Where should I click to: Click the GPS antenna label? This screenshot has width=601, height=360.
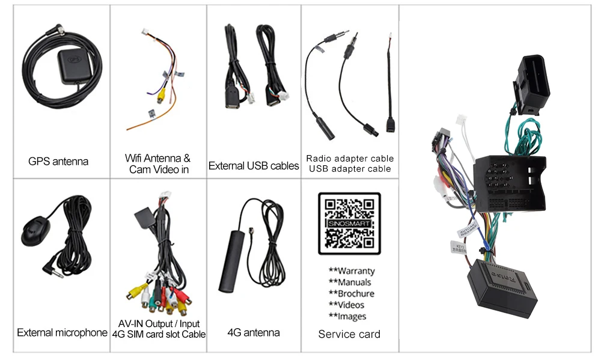click(x=58, y=161)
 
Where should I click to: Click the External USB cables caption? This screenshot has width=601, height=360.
click(x=254, y=165)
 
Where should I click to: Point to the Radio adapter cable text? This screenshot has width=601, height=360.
click(x=350, y=158)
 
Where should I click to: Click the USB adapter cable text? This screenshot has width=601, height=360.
click(x=350, y=169)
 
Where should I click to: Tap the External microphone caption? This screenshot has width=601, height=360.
click(x=62, y=332)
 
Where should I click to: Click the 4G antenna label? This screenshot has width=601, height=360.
click(x=254, y=332)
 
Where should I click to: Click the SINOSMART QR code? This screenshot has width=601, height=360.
click(x=349, y=224)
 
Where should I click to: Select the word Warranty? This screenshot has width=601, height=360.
click(x=352, y=271)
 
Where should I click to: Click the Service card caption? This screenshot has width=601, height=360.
click(x=349, y=334)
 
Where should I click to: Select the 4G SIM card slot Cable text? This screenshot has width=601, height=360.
click(x=159, y=334)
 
